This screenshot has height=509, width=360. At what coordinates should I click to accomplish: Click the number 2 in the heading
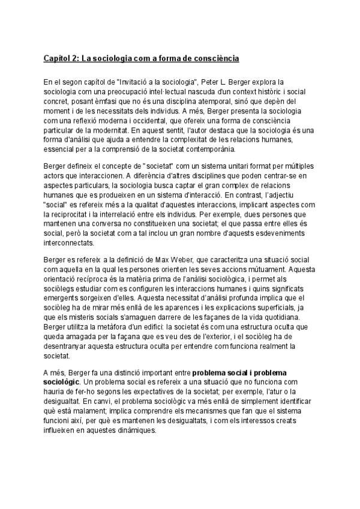coord(74,59)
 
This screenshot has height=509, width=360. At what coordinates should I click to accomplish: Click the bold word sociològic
coord(62,382)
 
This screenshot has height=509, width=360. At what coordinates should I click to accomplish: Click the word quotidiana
coord(281,318)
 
